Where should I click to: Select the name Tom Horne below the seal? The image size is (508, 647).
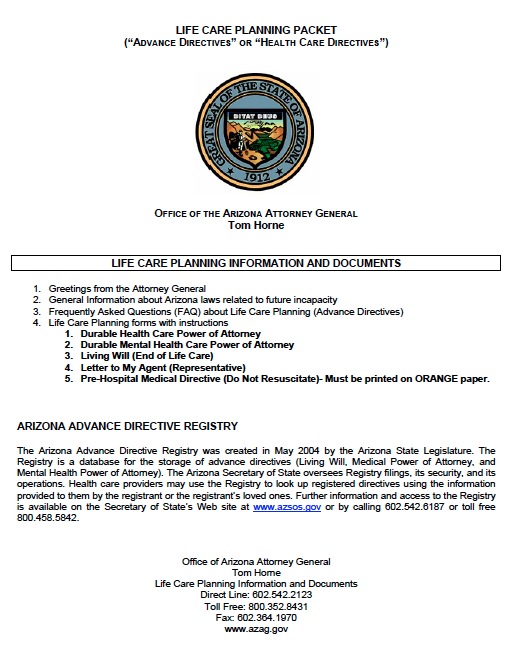click(255, 225)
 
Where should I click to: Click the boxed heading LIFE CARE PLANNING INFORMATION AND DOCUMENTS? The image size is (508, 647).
click(255, 263)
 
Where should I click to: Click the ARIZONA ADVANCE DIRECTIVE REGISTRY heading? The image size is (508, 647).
click(127, 426)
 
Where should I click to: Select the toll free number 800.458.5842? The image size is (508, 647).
click(47, 518)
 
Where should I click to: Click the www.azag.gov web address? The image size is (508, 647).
click(256, 629)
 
